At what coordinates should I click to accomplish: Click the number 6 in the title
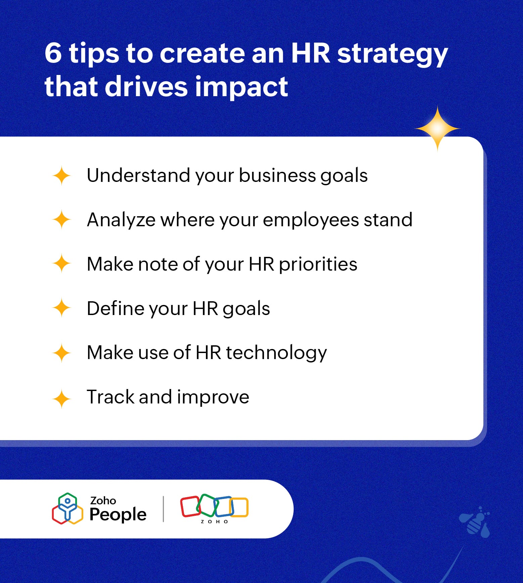tap(53, 53)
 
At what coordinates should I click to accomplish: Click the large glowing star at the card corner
tap(437, 129)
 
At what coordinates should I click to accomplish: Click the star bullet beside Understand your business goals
tap(61, 176)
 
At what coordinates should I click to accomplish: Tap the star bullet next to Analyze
tap(61, 220)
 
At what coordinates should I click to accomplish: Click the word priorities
tap(318, 264)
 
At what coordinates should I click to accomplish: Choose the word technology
tap(276, 353)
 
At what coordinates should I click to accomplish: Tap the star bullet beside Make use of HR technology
tap(61, 353)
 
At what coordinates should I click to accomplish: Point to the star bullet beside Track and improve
tap(61, 399)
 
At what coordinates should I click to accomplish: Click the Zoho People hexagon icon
tap(68, 509)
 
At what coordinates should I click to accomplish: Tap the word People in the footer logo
tap(118, 514)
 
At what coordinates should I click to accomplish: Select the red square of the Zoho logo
tap(190, 506)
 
